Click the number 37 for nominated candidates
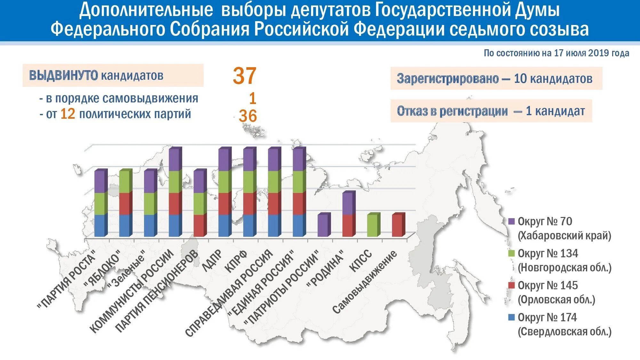(244, 76)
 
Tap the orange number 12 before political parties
(68, 114)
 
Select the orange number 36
(248, 116)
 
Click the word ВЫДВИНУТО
(63, 76)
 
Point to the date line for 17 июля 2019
(556, 53)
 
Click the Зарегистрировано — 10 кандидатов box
(496, 78)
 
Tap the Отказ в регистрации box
(491, 111)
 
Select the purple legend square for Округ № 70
(511, 221)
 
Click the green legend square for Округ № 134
(511, 253)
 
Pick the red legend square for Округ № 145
(511, 285)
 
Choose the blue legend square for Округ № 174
(511, 317)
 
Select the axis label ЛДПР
(212, 260)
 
